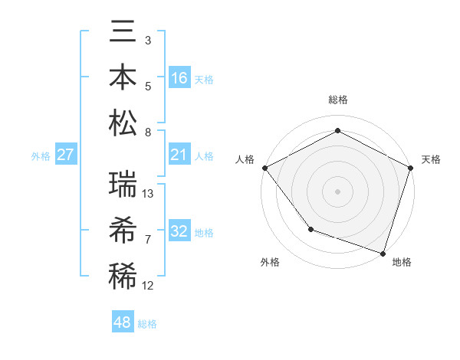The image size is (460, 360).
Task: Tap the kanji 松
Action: (123, 123)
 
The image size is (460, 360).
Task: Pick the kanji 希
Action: (123, 230)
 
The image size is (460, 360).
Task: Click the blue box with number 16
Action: (179, 78)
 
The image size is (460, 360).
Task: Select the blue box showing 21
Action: (179, 155)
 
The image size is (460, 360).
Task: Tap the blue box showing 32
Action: (179, 231)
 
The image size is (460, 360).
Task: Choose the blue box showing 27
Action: (65, 155)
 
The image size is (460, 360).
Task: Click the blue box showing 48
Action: (123, 322)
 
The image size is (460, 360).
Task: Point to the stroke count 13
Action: (149, 194)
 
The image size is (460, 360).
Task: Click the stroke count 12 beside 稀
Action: (149, 286)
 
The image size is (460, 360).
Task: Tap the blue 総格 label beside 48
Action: (147, 324)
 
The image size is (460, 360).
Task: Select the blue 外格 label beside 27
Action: (41, 156)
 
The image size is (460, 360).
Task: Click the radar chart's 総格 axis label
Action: (337, 100)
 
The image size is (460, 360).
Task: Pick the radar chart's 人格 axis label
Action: (245, 159)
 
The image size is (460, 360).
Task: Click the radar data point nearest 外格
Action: (310, 228)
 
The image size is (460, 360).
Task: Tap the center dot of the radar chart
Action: (337, 191)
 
